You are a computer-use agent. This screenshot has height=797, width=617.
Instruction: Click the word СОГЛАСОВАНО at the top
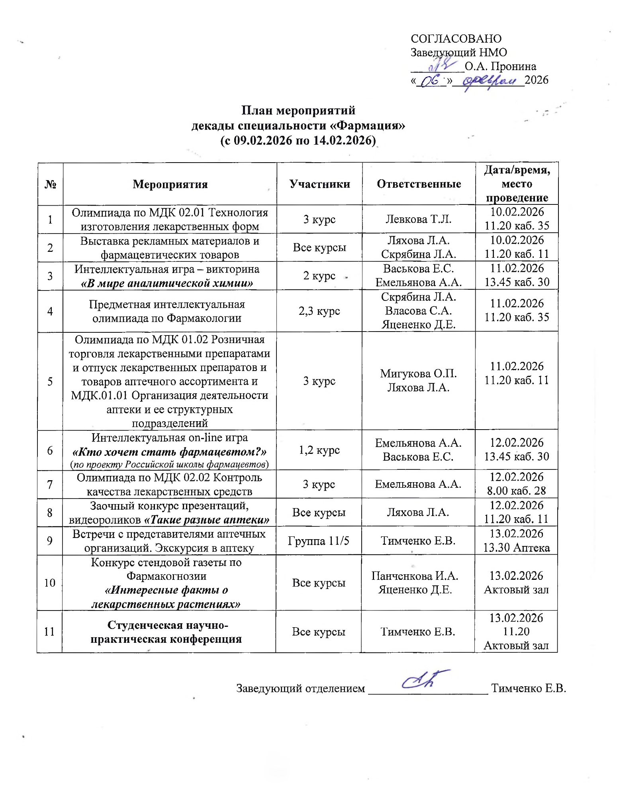456,39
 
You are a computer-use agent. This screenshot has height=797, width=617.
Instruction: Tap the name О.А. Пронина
500,66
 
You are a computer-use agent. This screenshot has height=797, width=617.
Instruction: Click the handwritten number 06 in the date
430,81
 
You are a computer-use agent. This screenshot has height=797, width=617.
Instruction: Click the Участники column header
319,184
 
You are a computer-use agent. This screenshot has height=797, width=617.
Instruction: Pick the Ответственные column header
419,184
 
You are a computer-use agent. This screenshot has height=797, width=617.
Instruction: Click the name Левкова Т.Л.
418,219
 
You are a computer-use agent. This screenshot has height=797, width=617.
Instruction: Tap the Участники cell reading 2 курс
319,276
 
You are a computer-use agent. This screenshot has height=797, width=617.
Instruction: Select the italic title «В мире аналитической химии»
167,283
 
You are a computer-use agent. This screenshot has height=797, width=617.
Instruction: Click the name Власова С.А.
418,311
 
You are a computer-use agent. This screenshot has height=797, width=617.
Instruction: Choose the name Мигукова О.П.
418,373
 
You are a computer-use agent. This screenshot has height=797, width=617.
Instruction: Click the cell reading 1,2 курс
319,450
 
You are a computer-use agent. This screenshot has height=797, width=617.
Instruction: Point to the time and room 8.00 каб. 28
516,491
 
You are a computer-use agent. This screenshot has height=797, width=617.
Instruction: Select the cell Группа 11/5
318,541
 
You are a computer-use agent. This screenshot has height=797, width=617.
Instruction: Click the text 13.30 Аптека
516,548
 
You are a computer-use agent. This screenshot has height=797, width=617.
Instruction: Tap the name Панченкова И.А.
415,576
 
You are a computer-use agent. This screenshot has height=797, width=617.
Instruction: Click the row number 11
49,632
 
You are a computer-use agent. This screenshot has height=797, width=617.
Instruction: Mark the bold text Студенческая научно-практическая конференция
166,632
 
